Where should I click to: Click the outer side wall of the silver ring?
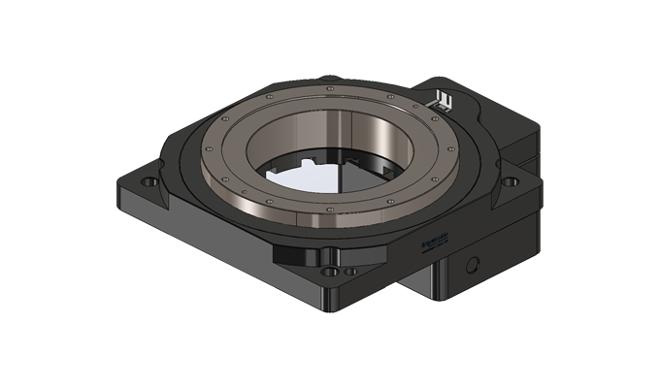tap(291, 221)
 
